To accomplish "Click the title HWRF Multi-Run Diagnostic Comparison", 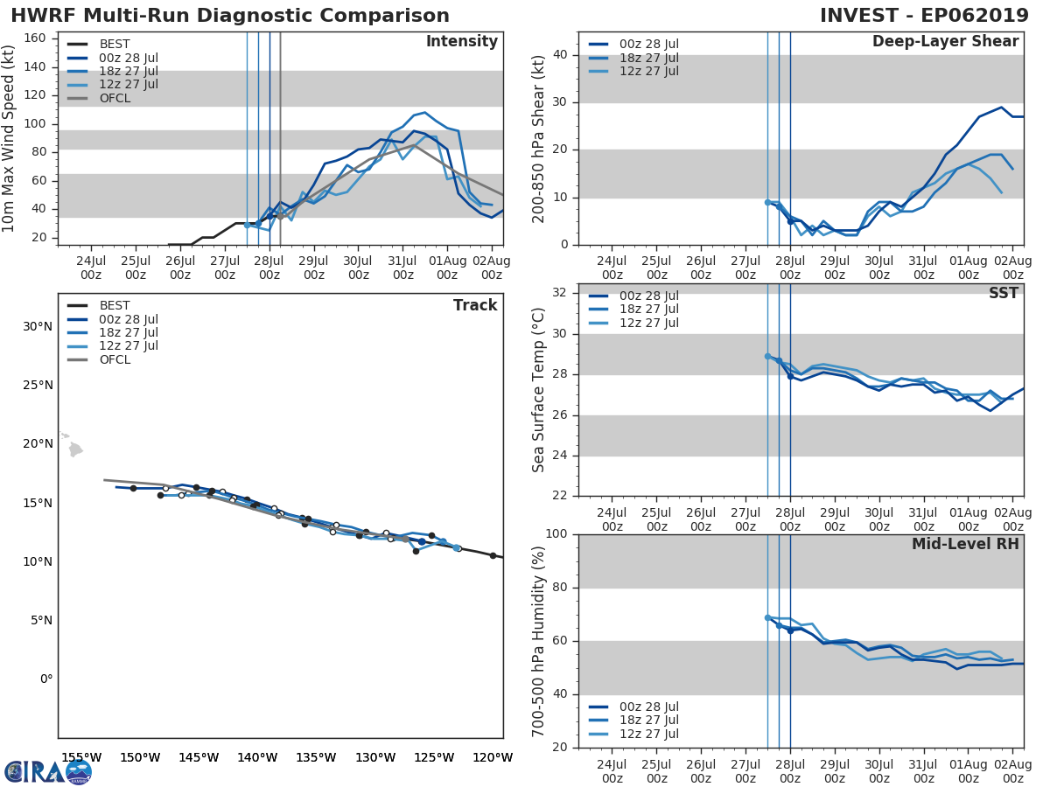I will pos(229,16).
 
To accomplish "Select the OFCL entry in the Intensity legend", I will pos(115,98).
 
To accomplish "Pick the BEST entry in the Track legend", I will pos(115,305).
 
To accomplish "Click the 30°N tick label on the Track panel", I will pos(38,327).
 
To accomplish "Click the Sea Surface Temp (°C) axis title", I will pos(539,390).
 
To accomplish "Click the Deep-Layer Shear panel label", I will pos(945,42).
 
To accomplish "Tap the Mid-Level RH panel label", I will pos(965,544).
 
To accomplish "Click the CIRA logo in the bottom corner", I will pos(48,771).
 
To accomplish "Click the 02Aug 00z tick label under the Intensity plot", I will pos(492,267).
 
